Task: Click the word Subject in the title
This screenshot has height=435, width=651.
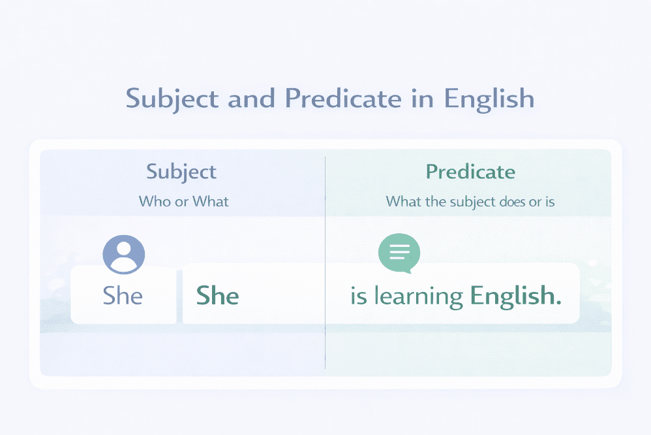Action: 172,99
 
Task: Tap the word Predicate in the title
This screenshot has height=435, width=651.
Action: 342,99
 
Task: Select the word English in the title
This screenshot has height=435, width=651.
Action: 489,99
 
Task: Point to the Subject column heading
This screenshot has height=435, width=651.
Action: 181,172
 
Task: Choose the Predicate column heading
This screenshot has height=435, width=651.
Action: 470,172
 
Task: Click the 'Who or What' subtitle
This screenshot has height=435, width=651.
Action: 183,201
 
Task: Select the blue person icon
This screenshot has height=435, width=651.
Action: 124,254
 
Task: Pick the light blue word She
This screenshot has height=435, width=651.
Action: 123,296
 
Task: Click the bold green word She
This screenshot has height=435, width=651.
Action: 218,296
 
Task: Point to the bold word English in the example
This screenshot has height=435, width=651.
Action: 515,296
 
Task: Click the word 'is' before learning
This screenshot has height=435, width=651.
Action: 359,296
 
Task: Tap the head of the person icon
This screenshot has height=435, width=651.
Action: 124,249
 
